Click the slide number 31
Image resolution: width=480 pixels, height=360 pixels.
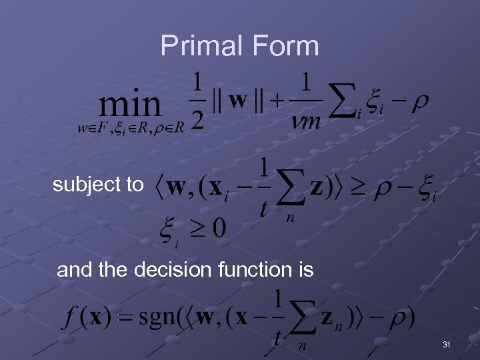[x=446, y=345]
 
